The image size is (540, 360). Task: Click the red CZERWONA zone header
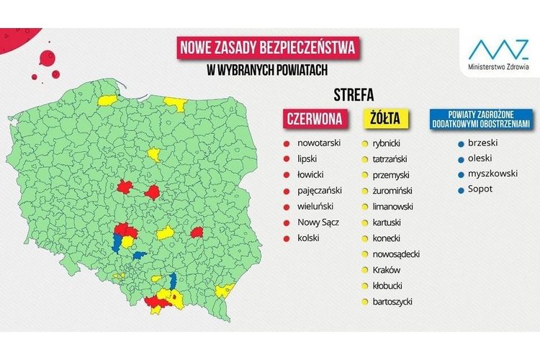314,117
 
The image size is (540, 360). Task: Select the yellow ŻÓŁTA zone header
386,117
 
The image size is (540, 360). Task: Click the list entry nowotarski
319,143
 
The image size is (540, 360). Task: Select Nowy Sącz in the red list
318,222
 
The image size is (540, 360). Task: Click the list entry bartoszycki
393,301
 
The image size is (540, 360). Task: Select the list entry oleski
480,158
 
